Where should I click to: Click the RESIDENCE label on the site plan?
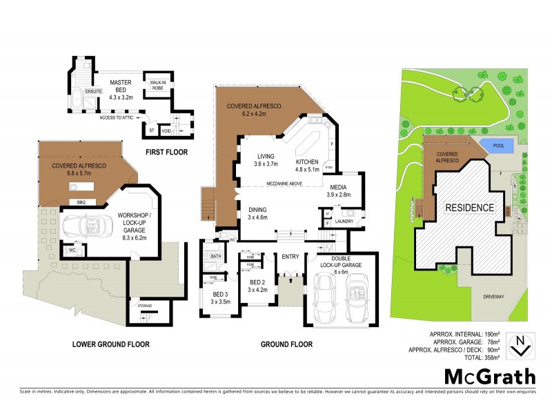(x=469, y=207)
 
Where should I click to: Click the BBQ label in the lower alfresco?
(x=81, y=201)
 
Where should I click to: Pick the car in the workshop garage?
(x=88, y=226)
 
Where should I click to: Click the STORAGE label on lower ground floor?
(x=144, y=306)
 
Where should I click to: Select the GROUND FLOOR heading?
(x=286, y=344)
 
